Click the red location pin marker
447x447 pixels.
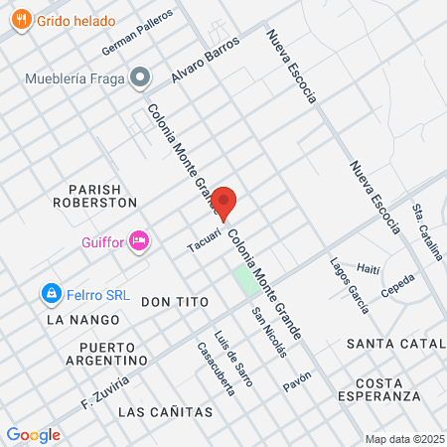pos(223,203)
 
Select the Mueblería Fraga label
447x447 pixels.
pos(75,77)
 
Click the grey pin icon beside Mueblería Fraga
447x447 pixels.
pos(142,76)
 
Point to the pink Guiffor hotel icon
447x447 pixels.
pos(139,239)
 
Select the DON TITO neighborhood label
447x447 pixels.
pos(172,301)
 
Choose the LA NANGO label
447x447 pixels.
pos(82,320)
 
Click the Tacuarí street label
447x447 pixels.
pos(203,242)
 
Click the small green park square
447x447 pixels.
pos(243,279)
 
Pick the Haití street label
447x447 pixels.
pos(368,268)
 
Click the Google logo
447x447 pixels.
pos(33,434)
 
